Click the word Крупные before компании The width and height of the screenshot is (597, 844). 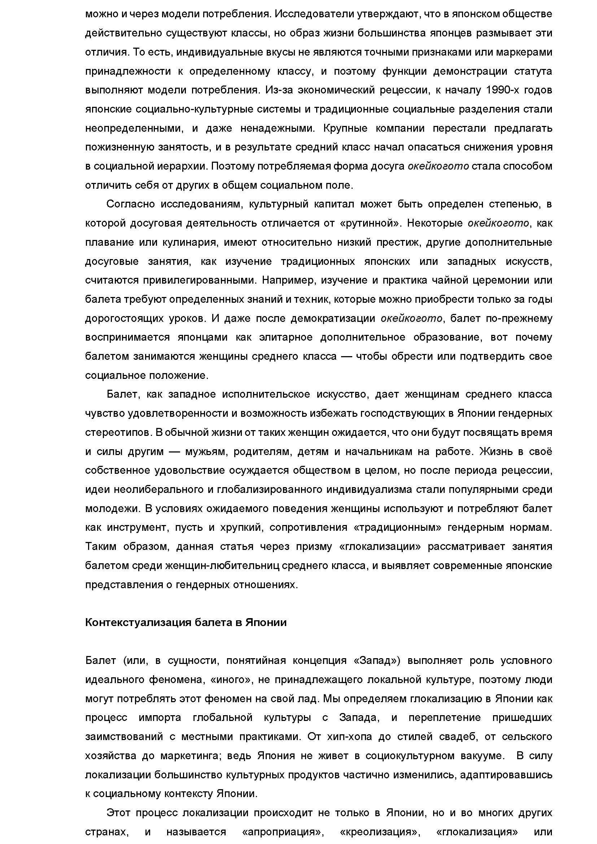(344, 128)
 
